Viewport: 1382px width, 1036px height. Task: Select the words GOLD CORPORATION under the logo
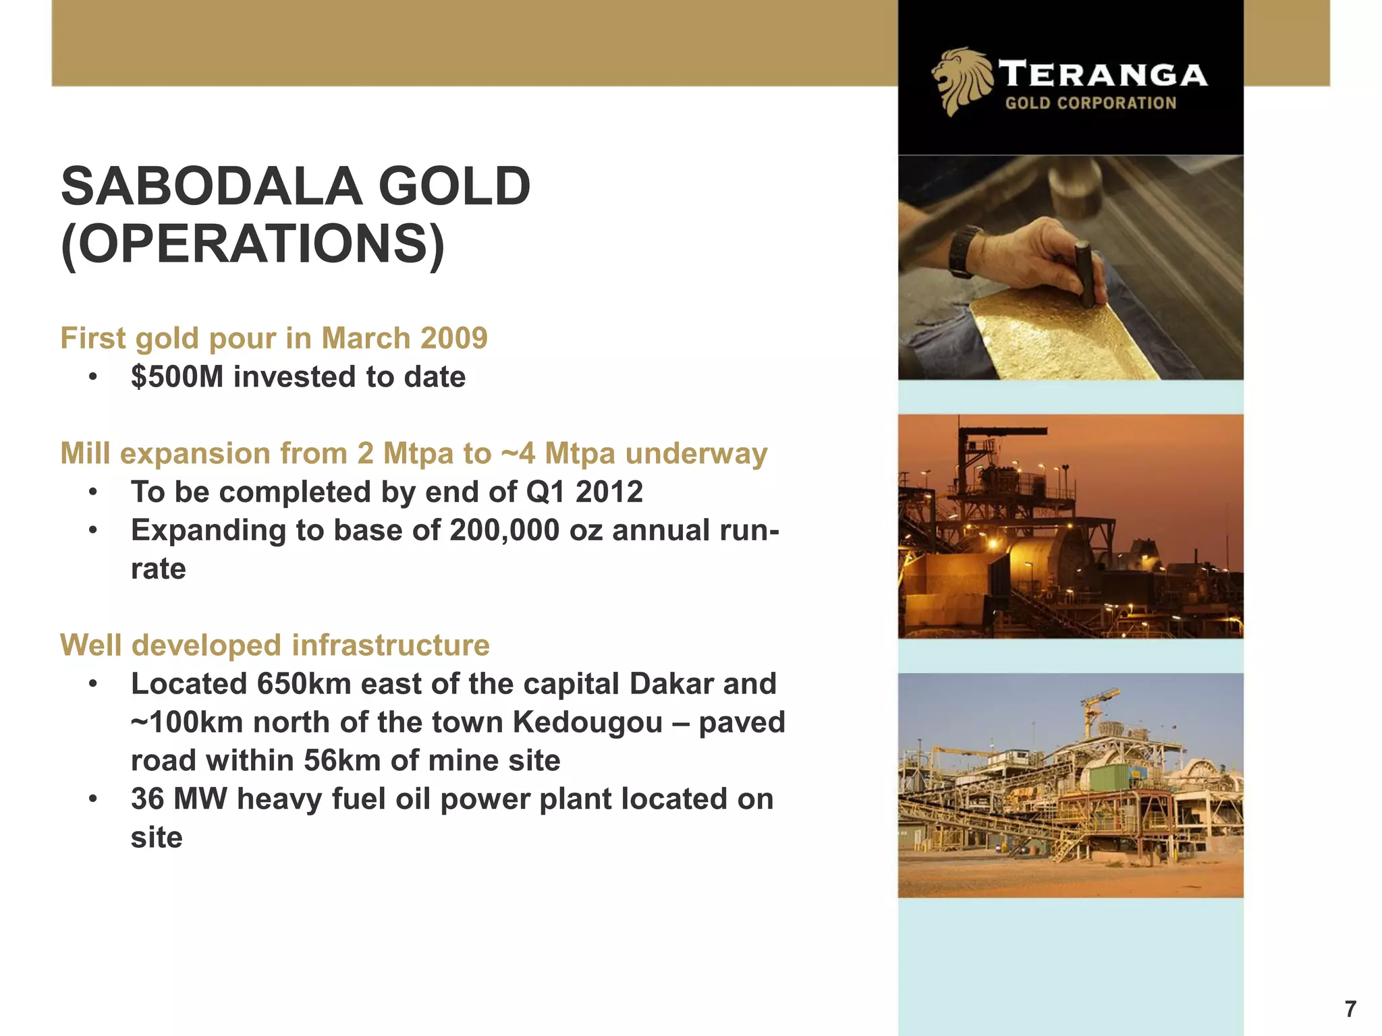pos(1090,103)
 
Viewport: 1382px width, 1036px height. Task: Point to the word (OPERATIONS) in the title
pos(253,244)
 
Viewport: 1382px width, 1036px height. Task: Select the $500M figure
pos(177,377)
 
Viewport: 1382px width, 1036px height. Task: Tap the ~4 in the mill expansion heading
pos(518,453)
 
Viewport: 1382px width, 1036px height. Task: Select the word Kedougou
pos(588,722)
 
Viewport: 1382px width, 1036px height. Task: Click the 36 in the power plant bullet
pos(147,799)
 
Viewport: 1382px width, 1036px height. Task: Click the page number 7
pos(1350,1009)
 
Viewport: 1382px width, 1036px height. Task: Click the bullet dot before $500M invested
pos(93,377)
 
